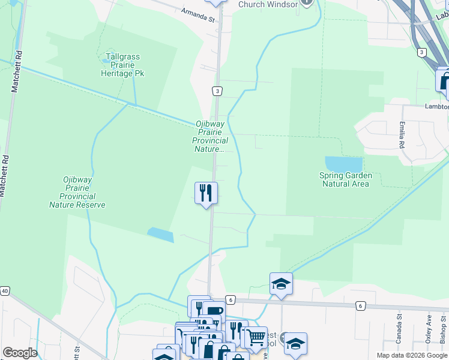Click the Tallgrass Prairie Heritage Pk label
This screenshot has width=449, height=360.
[x=122, y=65]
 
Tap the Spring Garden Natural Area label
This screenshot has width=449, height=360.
[x=346, y=179]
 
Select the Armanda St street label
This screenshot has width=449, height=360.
[x=197, y=15]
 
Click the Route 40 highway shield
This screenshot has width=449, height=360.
[x=5, y=291]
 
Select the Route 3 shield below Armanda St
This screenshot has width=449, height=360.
[x=217, y=91]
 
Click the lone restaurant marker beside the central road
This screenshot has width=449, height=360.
[x=206, y=193]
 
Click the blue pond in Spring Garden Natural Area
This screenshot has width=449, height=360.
[x=343, y=164]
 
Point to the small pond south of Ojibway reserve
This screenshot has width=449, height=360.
[x=160, y=234]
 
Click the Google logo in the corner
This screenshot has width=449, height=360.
[x=20, y=352]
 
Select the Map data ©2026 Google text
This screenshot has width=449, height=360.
[x=412, y=355]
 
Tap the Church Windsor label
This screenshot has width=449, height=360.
[x=268, y=5]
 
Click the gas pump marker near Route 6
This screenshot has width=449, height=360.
[x=213, y=311]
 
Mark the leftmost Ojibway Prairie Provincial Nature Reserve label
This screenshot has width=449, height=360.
[x=77, y=192]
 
